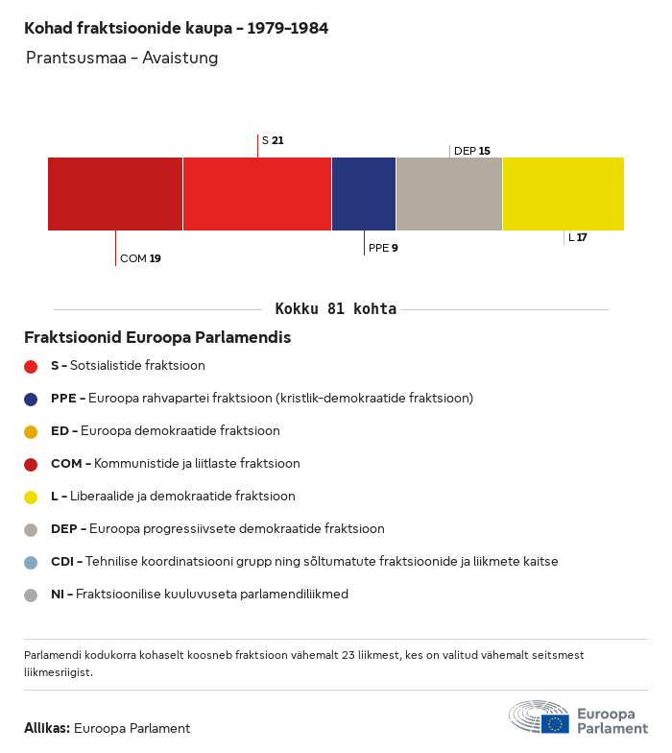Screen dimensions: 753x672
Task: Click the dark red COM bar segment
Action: [x=115, y=194]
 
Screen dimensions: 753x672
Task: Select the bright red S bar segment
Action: [x=257, y=194]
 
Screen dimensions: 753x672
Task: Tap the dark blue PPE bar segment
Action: [x=364, y=194]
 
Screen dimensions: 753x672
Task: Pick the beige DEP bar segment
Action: [x=449, y=194]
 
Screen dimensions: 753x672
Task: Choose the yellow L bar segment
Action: [x=564, y=194]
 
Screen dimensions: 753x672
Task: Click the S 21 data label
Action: [x=273, y=140]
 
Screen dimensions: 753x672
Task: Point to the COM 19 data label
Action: [x=140, y=258]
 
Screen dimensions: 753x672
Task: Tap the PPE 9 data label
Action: [x=383, y=248]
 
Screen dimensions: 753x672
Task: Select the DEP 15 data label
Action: [x=472, y=151]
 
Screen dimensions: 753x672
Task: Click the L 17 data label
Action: [x=578, y=237]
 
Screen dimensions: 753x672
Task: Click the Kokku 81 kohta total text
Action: [x=336, y=309]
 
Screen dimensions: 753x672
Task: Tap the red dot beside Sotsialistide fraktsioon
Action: [x=31, y=366]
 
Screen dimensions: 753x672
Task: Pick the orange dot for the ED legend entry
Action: [x=31, y=431]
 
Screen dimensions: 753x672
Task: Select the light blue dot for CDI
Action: [x=31, y=562]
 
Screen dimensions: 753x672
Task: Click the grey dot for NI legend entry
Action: [x=31, y=595]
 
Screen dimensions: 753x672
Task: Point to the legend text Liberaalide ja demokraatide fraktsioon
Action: [x=182, y=497]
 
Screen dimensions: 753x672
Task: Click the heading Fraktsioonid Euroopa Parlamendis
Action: [x=157, y=338]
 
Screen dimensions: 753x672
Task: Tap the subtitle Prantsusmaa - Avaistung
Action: [x=122, y=58]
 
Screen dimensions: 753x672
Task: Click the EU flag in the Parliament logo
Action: [x=555, y=723]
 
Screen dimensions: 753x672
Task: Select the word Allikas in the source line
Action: [x=46, y=728]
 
